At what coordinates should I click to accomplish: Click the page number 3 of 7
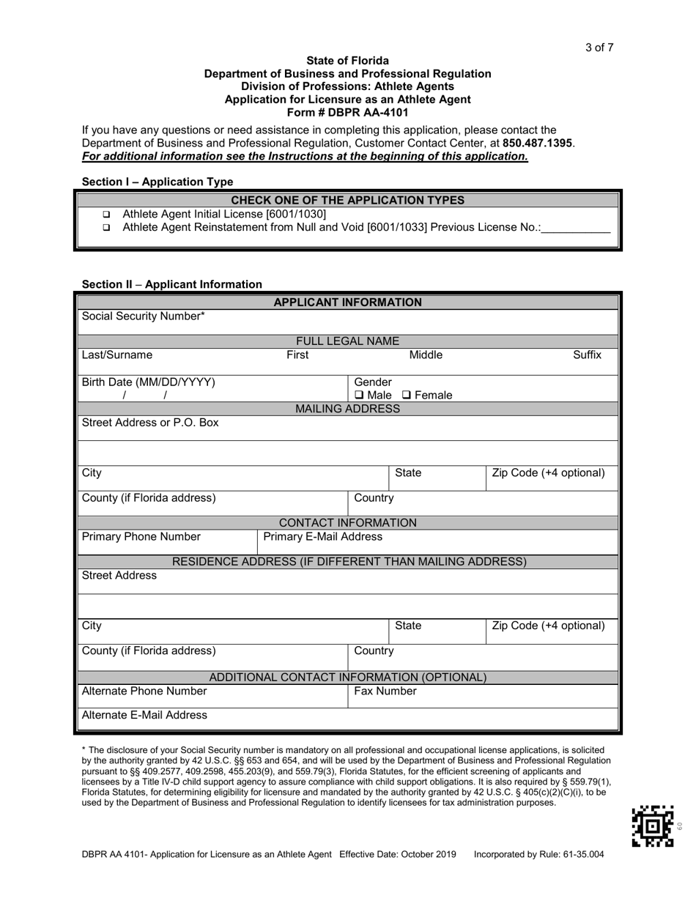pyautogui.click(x=599, y=48)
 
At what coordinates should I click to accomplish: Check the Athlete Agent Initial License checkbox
pyautogui.click(x=106, y=215)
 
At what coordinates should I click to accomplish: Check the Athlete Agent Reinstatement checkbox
pyautogui.click(x=106, y=228)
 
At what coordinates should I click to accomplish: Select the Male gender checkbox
pyautogui.click(x=359, y=396)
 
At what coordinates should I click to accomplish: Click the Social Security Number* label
pyautogui.click(x=144, y=316)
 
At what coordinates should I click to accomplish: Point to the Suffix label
pyautogui.click(x=587, y=355)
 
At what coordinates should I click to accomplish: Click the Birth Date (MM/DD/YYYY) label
pyautogui.click(x=149, y=382)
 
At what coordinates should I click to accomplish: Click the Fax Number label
pyautogui.click(x=385, y=691)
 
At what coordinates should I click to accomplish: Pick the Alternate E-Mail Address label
pyautogui.click(x=144, y=715)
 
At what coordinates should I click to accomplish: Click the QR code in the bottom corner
pyautogui.click(x=652, y=826)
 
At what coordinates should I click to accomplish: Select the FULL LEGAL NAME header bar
pyautogui.click(x=347, y=341)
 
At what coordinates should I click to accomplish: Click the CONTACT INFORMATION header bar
pyautogui.click(x=347, y=522)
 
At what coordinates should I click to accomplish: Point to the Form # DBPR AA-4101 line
pyautogui.click(x=347, y=113)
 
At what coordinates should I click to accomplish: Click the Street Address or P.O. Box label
pyautogui.click(x=150, y=423)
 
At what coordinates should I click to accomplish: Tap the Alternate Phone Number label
pyautogui.click(x=144, y=691)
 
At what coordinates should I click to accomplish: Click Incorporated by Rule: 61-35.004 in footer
pyautogui.click(x=539, y=855)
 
